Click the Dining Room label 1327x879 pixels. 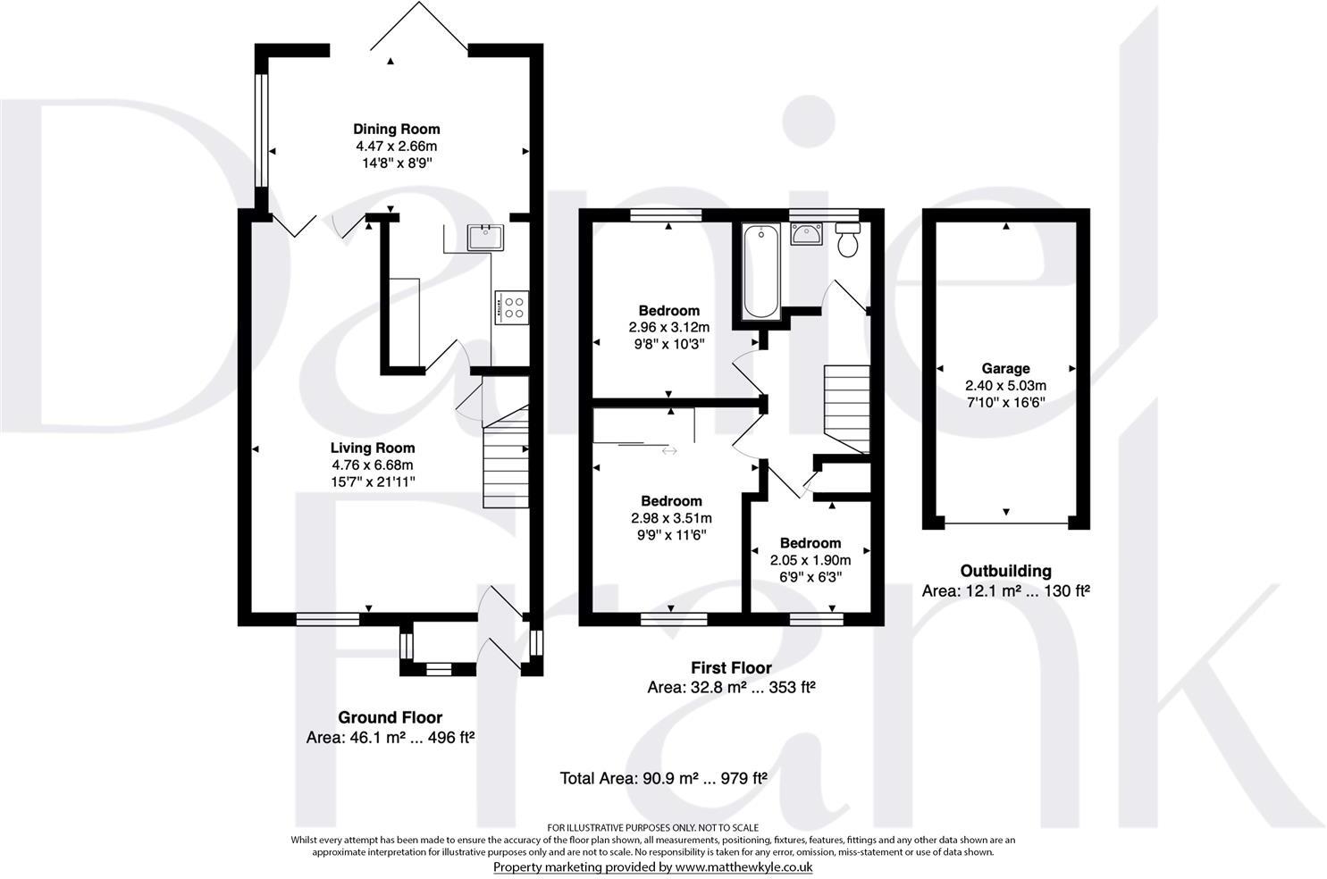click(397, 130)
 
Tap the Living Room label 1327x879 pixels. click(373, 448)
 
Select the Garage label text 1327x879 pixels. click(1005, 369)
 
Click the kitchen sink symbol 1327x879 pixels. click(485, 237)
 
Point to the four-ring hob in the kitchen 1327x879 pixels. click(512, 308)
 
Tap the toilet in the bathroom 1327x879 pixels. click(848, 239)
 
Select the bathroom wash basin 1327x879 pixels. click(806, 233)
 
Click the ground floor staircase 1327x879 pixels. click(506, 456)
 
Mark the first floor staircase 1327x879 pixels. click(846, 409)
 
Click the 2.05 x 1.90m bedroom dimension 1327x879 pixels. click(810, 560)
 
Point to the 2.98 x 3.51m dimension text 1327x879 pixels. click(671, 518)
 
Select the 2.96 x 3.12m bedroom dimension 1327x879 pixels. click(668, 327)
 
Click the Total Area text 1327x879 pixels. click(663, 778)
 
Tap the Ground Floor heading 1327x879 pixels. click(390, 717)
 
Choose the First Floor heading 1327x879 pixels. click(731, 667)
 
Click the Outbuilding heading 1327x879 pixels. click(1005, 571)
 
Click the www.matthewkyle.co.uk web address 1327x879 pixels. click(743, 866)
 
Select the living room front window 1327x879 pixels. click(328, 620)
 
